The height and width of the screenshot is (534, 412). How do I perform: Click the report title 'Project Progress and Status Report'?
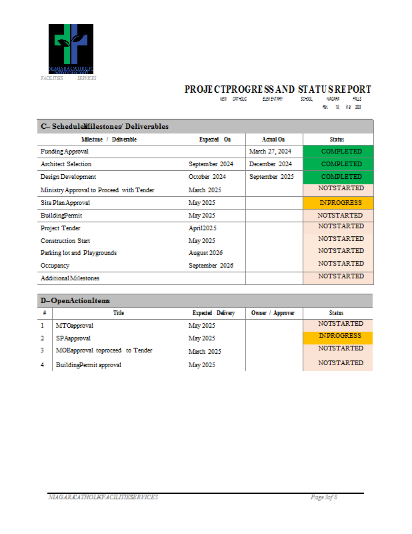click(277, 89)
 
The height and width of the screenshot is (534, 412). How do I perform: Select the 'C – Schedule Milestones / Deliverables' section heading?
click(105, 126)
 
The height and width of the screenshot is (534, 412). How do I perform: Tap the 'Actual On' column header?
click(273, 140)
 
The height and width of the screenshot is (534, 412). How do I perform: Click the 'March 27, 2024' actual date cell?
click(270, 152)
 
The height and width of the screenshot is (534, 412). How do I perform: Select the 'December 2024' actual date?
click(271, 164)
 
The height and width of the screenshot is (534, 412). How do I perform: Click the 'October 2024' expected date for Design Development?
click(207, 177)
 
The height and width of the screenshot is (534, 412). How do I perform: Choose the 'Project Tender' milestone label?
click(61, 228)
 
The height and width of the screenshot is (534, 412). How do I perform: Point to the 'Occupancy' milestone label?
click(55, 266)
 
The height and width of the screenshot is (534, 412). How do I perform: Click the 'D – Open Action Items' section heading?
click(75, 301)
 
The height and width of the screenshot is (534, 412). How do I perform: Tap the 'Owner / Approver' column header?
click(273, 313)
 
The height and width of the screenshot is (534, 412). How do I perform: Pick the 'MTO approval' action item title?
click(75, 326)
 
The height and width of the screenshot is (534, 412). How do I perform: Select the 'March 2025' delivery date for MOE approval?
click(205, 351)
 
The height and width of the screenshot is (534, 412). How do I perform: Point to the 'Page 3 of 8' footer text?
click(324, 497)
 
